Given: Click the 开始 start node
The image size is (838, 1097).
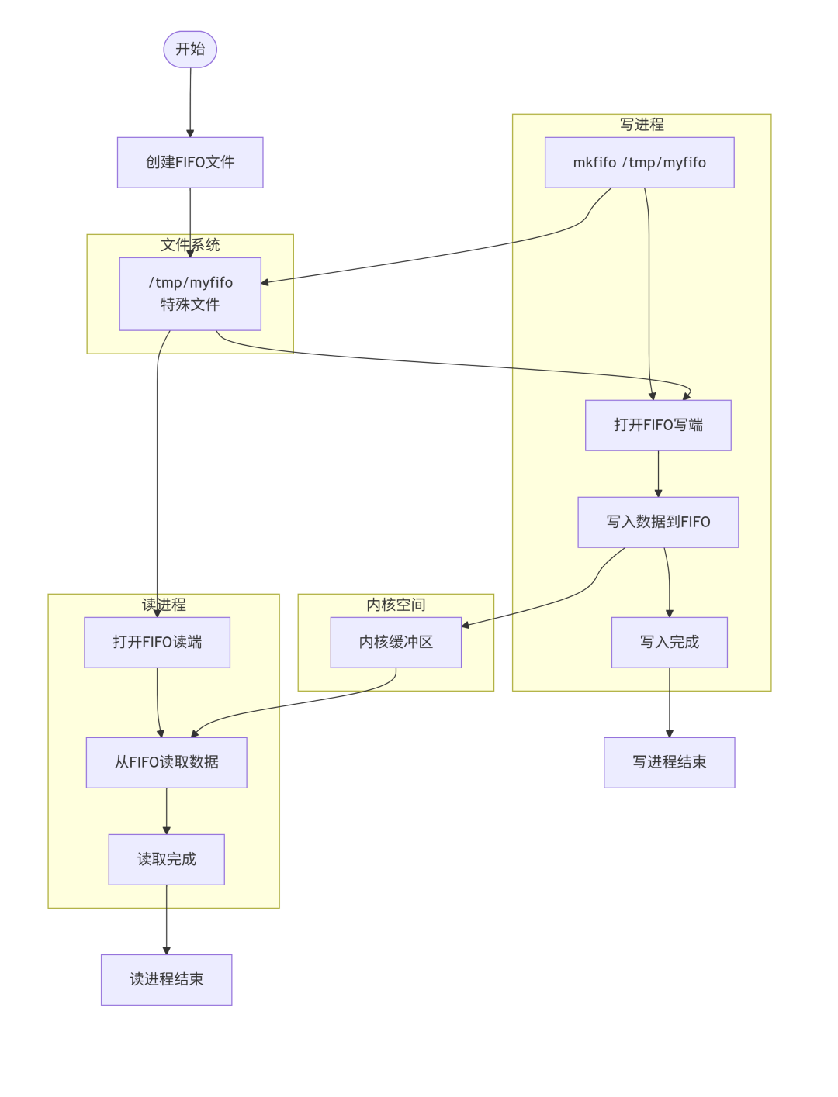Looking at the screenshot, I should click(x=190, y=50).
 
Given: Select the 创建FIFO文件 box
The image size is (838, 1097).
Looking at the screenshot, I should click(x=190, y=163).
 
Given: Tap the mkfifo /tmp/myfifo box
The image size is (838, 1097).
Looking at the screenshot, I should click(x=639, y=163).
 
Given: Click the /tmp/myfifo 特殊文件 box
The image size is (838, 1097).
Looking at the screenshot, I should click(x=190, y=294).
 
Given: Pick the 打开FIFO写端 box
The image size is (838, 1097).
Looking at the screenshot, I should click(x=658, y=425).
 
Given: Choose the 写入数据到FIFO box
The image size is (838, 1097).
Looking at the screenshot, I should click(x=658, y=522).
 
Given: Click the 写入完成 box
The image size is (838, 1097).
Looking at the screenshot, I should click(x=669, y=642).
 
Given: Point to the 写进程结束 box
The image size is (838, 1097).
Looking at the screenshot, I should click(x=669, y=762).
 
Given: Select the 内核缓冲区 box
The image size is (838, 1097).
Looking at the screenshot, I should click(x=396, y=642).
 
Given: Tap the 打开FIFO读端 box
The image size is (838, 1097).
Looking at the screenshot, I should click(x=157, y=642).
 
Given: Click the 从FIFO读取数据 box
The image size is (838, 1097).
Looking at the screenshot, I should click(x=166, y=762).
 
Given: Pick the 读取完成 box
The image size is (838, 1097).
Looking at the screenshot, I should click(x=166, y=859).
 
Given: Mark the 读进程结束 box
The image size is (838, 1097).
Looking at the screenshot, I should click(x=166, y=979).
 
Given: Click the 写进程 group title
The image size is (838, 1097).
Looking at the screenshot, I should click(x=642, y=125).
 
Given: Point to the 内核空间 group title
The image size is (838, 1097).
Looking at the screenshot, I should click(x=396, y=605).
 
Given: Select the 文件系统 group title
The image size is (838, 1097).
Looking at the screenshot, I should click(x=190, y=245).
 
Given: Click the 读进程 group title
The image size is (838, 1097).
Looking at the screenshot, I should click(x=164, y=605).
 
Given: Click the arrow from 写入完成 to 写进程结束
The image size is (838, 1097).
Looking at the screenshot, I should click(x=669, y=702).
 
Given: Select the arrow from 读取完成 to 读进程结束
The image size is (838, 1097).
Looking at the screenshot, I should click(x=166, y=919).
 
